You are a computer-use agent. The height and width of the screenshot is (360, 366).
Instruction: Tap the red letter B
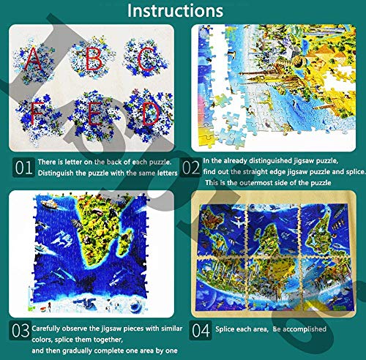tap(91, 59)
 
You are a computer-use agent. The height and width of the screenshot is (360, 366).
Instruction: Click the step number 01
tap(24, 168)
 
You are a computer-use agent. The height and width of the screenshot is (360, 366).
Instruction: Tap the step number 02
tap(191, 168)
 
